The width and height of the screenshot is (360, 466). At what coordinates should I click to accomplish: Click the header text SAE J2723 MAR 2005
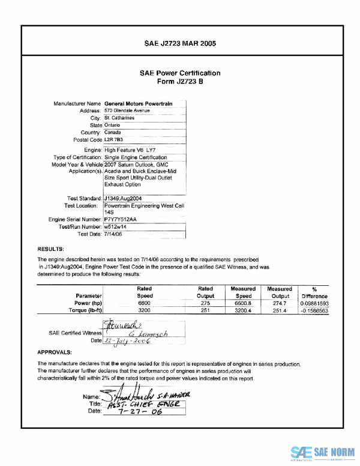tap(180, 43)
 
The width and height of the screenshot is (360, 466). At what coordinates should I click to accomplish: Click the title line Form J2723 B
tap(180, 81)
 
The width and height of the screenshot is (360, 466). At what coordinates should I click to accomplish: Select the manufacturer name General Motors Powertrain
tap(138, 103)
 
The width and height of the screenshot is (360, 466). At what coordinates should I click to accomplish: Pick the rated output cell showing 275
tap(205, 304)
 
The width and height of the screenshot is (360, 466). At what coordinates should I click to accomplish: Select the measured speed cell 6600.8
tap(243, 304)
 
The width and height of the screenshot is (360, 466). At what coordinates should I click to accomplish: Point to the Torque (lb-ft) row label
tap(84, 311)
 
